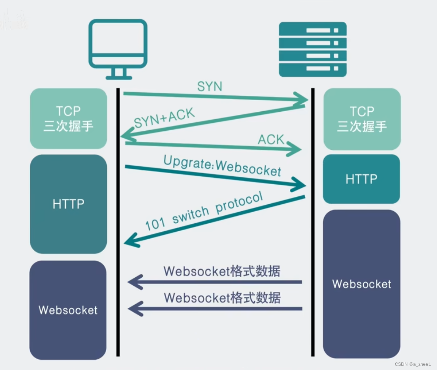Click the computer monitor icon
point(118,49)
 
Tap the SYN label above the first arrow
point(210,86)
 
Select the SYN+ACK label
point(164,118)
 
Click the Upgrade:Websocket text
point(222,166)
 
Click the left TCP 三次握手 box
point(68,119)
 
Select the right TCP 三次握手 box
point(362,119)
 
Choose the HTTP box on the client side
point(68,204)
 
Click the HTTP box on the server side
point(361,179)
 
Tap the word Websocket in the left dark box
point(68,310)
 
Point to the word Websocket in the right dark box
point(361,284)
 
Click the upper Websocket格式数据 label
point(222,271)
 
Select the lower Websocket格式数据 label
point(222,297)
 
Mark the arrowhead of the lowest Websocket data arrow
point(133,308)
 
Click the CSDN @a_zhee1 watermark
point(413,364)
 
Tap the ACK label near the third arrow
point(271,140)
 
